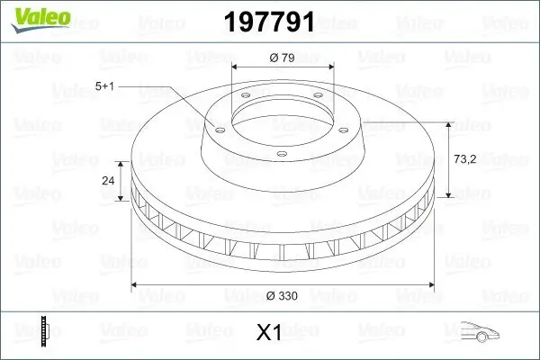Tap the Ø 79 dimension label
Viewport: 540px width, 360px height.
click(283, 58)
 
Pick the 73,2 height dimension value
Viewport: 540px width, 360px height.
click(465, 157)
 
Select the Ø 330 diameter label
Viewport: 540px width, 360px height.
click(283, 295)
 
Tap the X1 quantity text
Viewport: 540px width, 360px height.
click(269, 333)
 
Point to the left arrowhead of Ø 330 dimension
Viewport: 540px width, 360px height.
click(136, 286)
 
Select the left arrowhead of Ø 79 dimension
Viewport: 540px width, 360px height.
click(235, 67)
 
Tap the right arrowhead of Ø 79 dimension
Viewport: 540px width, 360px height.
click(331, 67)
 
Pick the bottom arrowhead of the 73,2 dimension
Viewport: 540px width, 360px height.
click(447, 196)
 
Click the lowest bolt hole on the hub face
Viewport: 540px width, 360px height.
click(282, 157)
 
